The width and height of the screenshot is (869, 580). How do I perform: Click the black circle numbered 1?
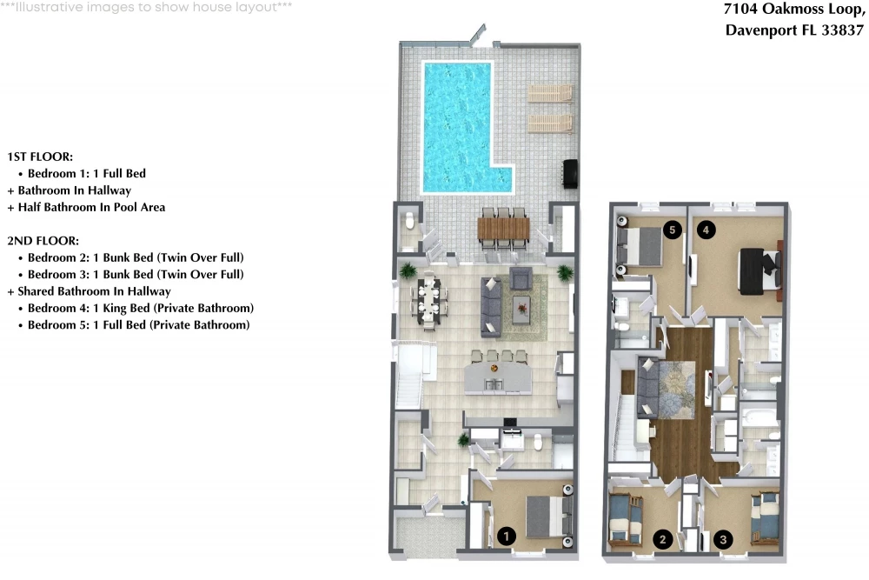(506, 537)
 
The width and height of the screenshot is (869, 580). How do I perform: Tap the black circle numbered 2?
(662, 539)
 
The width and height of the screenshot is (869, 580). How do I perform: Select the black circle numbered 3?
(723, 539)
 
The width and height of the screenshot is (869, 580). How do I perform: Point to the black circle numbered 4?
(706, 230)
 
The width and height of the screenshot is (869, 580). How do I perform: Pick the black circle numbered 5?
(673, 230)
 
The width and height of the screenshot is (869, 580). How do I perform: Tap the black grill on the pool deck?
(570, 174)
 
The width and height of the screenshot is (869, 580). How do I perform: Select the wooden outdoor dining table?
(503, 228)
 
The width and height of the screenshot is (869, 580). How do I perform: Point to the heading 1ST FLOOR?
(40, 157)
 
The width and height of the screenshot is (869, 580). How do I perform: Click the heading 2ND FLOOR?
(43, 241)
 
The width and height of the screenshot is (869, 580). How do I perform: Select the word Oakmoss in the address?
(793, 9)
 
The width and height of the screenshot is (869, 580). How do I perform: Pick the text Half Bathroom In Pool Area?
(91, 207)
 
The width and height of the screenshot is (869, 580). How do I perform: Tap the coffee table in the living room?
(521, 310)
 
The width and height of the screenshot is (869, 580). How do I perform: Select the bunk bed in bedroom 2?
(625, 518)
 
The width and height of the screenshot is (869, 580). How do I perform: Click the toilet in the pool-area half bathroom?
(410, 221)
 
